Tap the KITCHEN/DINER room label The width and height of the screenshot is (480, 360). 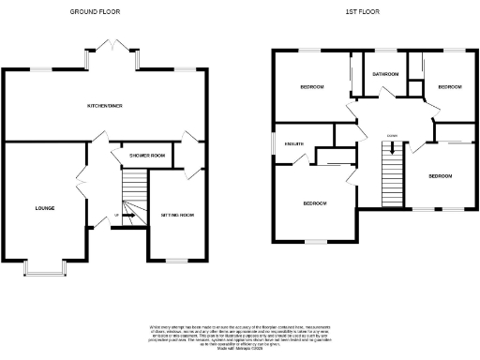pyautogui.click(x=105, y=106)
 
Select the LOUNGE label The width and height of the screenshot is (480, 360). pyautogui.click(x=44, y=207)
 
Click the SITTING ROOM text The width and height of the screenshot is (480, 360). pyautogui.click(x=176, y=215)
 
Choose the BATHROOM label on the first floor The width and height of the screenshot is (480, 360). pyautogui.click(x=385, y=74)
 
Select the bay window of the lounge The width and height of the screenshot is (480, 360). pyautogui.click(x=43, y=270)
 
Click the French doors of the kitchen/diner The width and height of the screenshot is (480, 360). pyautogui.click(x=112, y=48)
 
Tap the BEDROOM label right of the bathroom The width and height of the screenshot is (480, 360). pyautogui.click(x=450, y=87)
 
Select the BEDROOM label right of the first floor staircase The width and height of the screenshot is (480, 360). pyautogui.click(x=441, y=176)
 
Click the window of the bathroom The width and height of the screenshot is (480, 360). pyautogui.click(x=385, y=50)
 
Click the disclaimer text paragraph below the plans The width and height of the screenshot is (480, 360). pyautogui.click(x=240, y=336)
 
